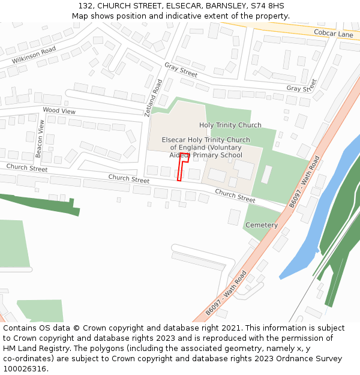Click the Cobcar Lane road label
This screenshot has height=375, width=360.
[x=334, y=34]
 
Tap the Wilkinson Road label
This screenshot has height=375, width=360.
[x=34, y=55]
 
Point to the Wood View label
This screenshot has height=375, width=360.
[x=59, y=111]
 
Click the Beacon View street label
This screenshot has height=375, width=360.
[x=41, y=139]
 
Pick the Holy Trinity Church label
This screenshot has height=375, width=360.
[x=230, y=125]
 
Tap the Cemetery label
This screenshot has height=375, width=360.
[x=262, y=225]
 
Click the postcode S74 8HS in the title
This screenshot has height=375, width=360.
[x=268, y=6]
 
